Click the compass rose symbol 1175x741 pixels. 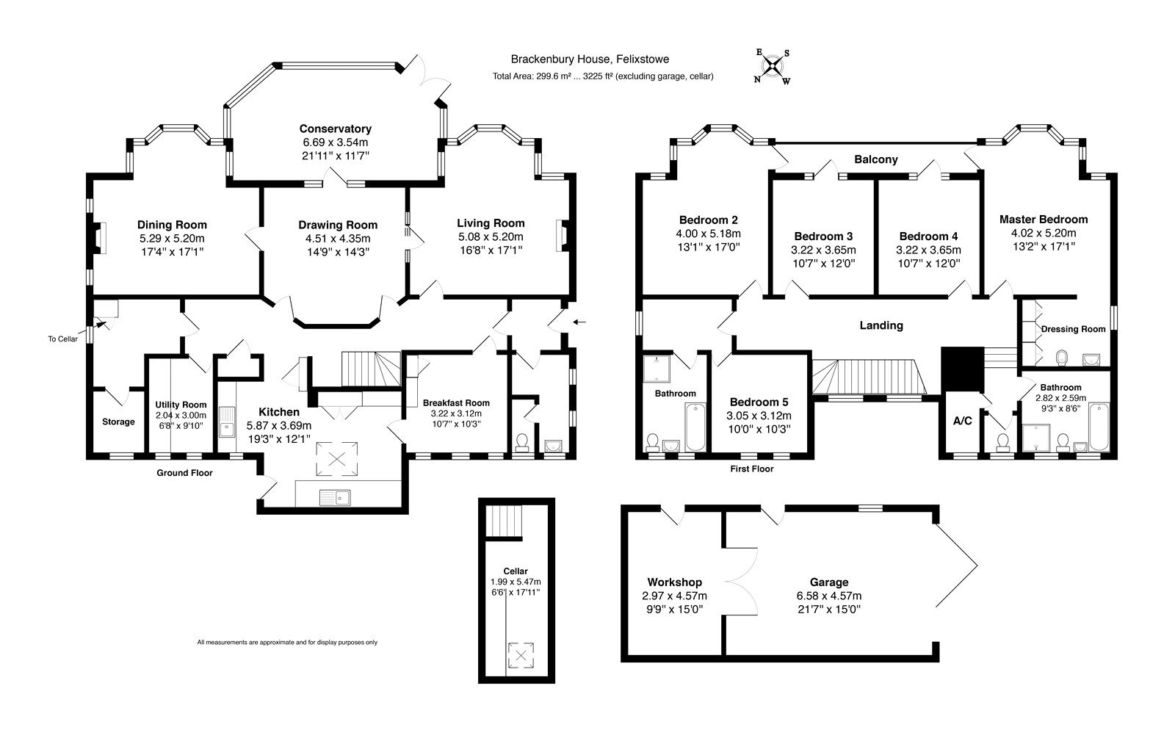tap(772, 67)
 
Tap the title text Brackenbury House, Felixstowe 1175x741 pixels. tap(590, 59)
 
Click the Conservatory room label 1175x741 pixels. tap(335, 129)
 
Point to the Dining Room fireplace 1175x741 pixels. tap(99, 238)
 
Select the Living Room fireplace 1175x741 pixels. tap(563, 236)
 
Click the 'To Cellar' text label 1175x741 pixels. tap(63, 339)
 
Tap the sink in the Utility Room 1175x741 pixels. tap(227, 422)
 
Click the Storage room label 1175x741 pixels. tap(118, 422)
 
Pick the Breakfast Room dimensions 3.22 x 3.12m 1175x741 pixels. tap(456, 413)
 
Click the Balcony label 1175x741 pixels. tap(876, 159)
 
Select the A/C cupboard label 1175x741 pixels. tap(962, 421)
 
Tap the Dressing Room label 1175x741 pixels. tap(1073, 329)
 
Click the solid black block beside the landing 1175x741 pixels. tap(962, 369)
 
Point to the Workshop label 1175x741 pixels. tap(675, 582)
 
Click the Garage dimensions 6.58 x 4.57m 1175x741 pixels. tap(829, 596)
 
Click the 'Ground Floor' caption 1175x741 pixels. tap(184, 473)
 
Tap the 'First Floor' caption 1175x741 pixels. tap(752, 469)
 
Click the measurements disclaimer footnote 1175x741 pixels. tap(287, 643)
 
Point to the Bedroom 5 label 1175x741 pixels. tap(759, 402)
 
